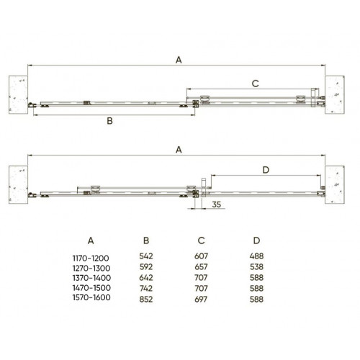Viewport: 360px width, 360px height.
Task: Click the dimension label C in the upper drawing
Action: (x=255, y=84)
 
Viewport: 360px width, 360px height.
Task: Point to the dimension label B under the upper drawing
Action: (x=109, y=121)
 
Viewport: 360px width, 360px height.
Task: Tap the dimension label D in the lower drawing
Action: (x=266, y=170)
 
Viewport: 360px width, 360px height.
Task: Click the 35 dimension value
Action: (x=216, y=204)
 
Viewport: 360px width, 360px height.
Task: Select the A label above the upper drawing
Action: (x=179, y=60)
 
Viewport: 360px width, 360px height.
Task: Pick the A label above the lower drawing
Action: (x=179, y=150)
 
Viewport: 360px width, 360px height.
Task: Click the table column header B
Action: (x=146, y=240)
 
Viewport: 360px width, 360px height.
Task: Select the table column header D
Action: (x=256, y=240)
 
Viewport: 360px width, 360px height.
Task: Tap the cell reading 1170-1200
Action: (x=91, y=258)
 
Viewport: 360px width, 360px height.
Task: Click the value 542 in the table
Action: (x=146, y=256)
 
